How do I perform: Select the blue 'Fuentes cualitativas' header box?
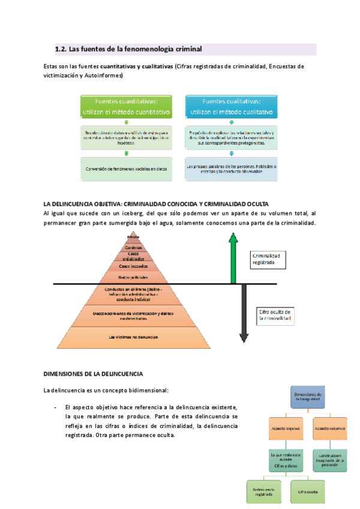pyautogui.click(x=231, y=107)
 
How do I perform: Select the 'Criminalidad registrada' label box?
pyautogui.click(x=271, y=259)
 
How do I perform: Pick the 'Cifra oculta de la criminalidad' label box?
pyautogui.click(x=275, y=316)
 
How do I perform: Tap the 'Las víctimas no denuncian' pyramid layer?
pyautogui.click(x=133, y=337)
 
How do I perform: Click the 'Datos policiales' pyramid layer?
pyautogui.click(x=133, y=277)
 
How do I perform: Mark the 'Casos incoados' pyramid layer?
pyautogui.click(x=133, y=265)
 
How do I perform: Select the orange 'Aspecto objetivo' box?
pyautogui.click(x=284, y=429)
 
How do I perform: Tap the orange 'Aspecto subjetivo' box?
pyautogui.click(x=329, y=429)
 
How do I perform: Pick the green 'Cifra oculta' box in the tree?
pyautogui.click(x=307, y=490)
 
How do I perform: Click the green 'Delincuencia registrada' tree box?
pyautogui.click(x=263, y=490)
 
